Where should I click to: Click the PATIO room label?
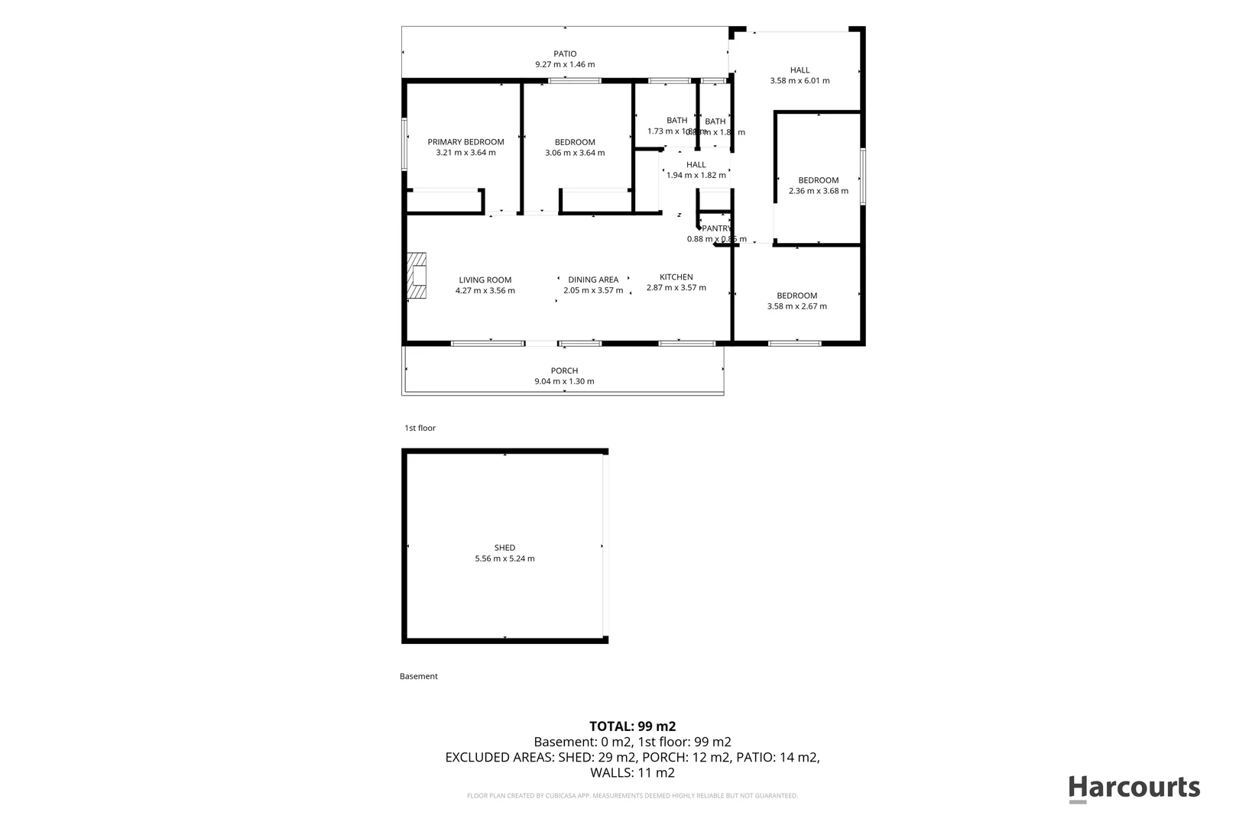point(565,53)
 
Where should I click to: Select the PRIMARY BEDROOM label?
point(465,142)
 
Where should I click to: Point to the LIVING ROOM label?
point(485,280)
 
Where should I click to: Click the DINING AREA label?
point(593,280)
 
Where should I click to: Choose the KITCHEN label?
point(676,277)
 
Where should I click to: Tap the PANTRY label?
point(717,228)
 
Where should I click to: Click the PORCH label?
point(564,370)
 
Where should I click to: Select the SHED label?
point(504,548)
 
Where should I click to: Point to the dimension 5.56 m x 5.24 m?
point(504,558)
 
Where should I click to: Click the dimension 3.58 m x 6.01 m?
point(800,80)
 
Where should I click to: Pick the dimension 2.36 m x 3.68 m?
point(818,191)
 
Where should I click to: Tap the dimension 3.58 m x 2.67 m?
point(796,306)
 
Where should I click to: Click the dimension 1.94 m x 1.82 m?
point(696,175)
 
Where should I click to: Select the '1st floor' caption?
point(420,428)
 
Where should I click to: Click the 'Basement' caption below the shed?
point(419,676)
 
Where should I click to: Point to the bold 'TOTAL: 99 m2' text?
point(632,726)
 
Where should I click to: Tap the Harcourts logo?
point(1134,788)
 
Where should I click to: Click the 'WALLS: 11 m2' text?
point(632,773)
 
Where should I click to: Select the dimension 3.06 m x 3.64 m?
point(575,153)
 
